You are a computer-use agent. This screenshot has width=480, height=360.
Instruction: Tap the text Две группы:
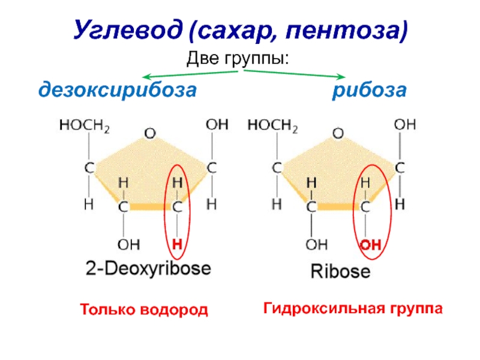coord(239,59)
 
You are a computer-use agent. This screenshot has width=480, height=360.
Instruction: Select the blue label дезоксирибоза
coord(118,91)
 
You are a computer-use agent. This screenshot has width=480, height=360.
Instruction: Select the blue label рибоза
coord(370,91)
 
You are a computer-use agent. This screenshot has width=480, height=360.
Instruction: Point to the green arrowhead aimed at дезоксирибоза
coord(143,77)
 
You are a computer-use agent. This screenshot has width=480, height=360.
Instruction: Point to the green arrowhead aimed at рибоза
coord(341,77)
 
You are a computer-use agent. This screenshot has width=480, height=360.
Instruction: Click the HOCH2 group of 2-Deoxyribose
coord(84,125)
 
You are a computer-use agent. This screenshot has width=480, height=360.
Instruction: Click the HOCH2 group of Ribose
coord(273,125)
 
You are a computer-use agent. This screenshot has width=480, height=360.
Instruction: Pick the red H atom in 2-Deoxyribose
coord(177,244)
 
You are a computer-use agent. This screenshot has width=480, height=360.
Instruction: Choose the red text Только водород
coord(144,310)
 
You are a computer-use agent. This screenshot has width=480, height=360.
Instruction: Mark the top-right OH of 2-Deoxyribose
coord(217,125)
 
